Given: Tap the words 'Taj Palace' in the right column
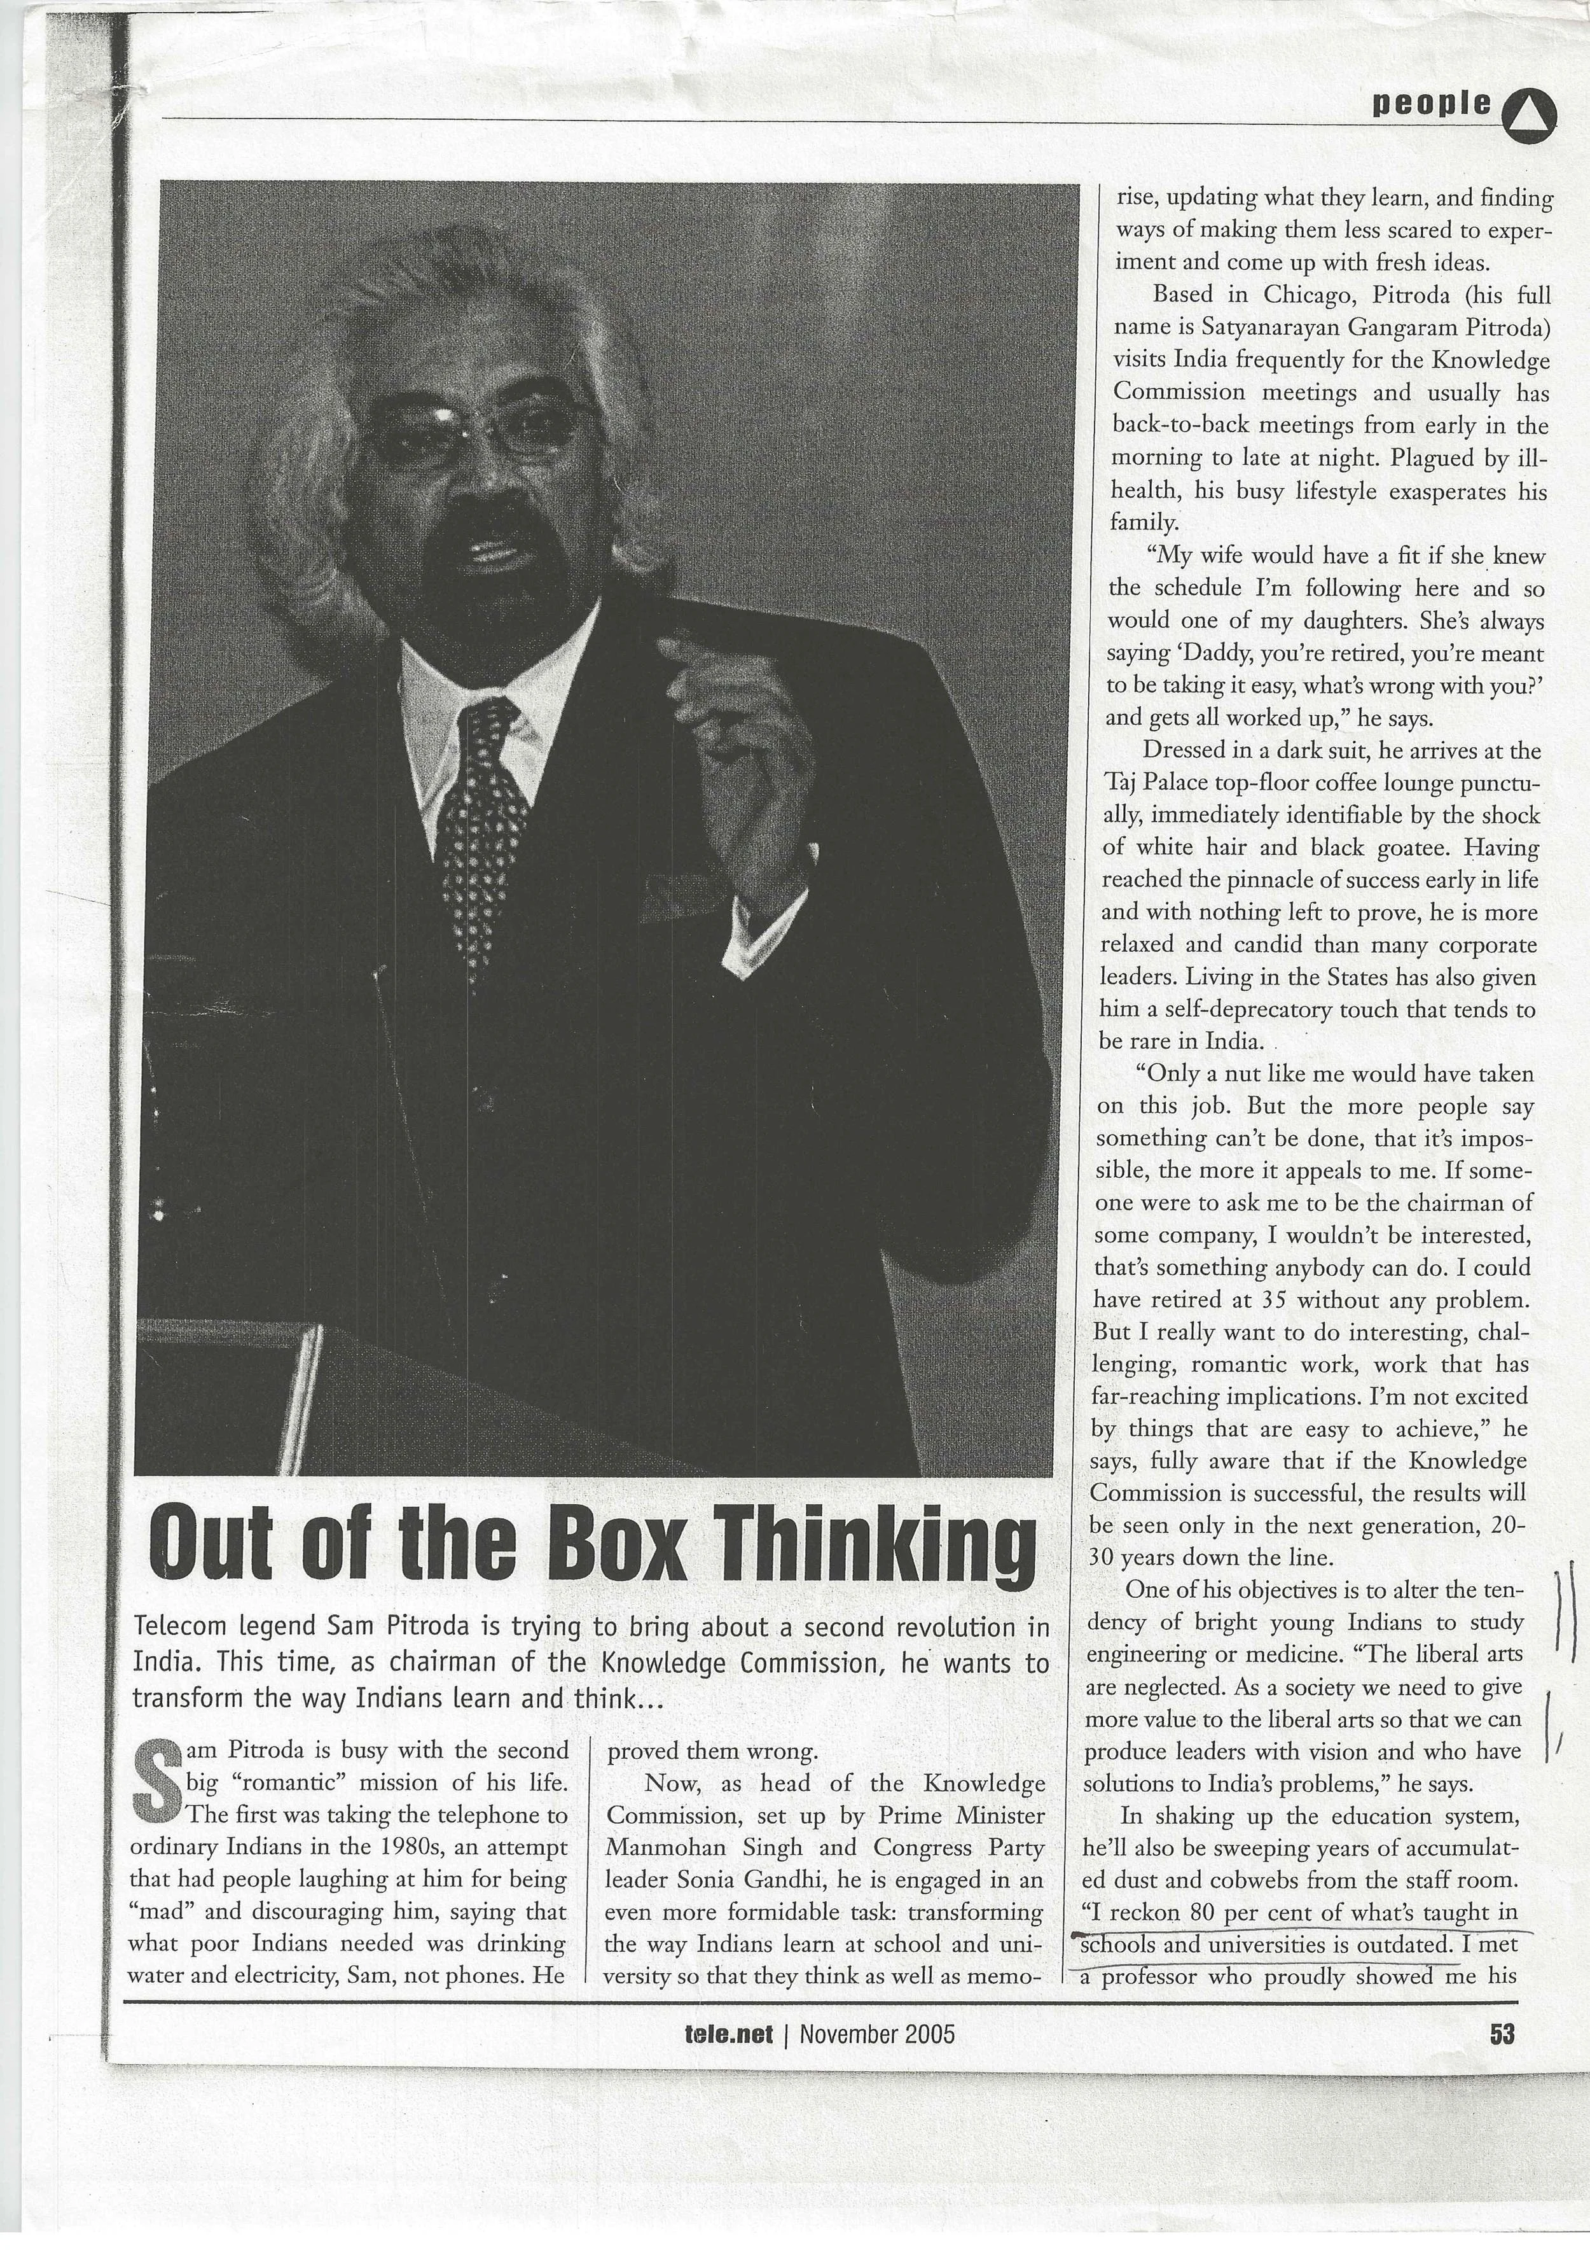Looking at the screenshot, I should tap(1156, 783).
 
